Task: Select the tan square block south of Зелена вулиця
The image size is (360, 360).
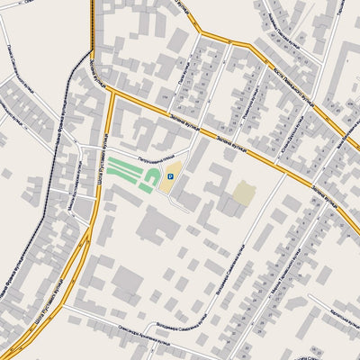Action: (x=244, y=193)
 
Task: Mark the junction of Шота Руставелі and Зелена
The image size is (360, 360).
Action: (x=112, y=91)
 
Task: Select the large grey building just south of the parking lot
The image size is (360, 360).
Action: (x=158, y=223)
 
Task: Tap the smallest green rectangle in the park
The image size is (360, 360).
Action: (x=144, y=189)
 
